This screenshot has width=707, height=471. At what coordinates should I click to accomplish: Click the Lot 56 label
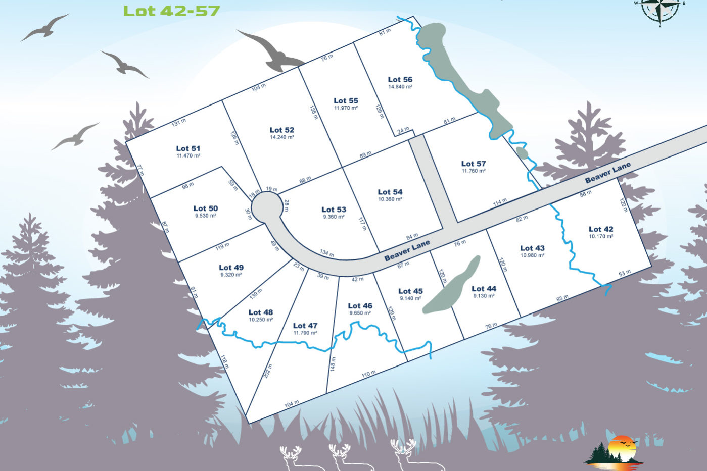point(400,80)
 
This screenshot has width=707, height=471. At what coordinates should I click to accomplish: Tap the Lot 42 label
point(600,229)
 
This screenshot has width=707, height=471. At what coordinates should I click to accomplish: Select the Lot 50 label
point(205,208)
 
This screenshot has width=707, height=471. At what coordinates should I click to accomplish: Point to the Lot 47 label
point(305,326)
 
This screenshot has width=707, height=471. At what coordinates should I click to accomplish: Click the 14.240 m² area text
point(281,137)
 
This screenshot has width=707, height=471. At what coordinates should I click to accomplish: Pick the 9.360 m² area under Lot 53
point(334,217)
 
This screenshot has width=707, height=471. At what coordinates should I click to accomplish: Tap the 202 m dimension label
point(268,371)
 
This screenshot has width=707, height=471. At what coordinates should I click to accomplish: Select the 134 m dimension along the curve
point(327,253)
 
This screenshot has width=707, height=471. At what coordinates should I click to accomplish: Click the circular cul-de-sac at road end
point(267,208)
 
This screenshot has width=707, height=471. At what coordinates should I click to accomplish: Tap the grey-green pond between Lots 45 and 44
point(451,286)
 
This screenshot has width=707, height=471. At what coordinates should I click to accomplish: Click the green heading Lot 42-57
point(171,11)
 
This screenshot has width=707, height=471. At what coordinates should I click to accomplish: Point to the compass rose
point(659,9)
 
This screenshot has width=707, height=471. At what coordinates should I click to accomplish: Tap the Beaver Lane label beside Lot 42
point(607,173)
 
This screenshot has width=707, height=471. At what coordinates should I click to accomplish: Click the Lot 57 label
point(473,164)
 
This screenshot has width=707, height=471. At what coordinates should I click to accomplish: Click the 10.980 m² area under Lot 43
point(532,255)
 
